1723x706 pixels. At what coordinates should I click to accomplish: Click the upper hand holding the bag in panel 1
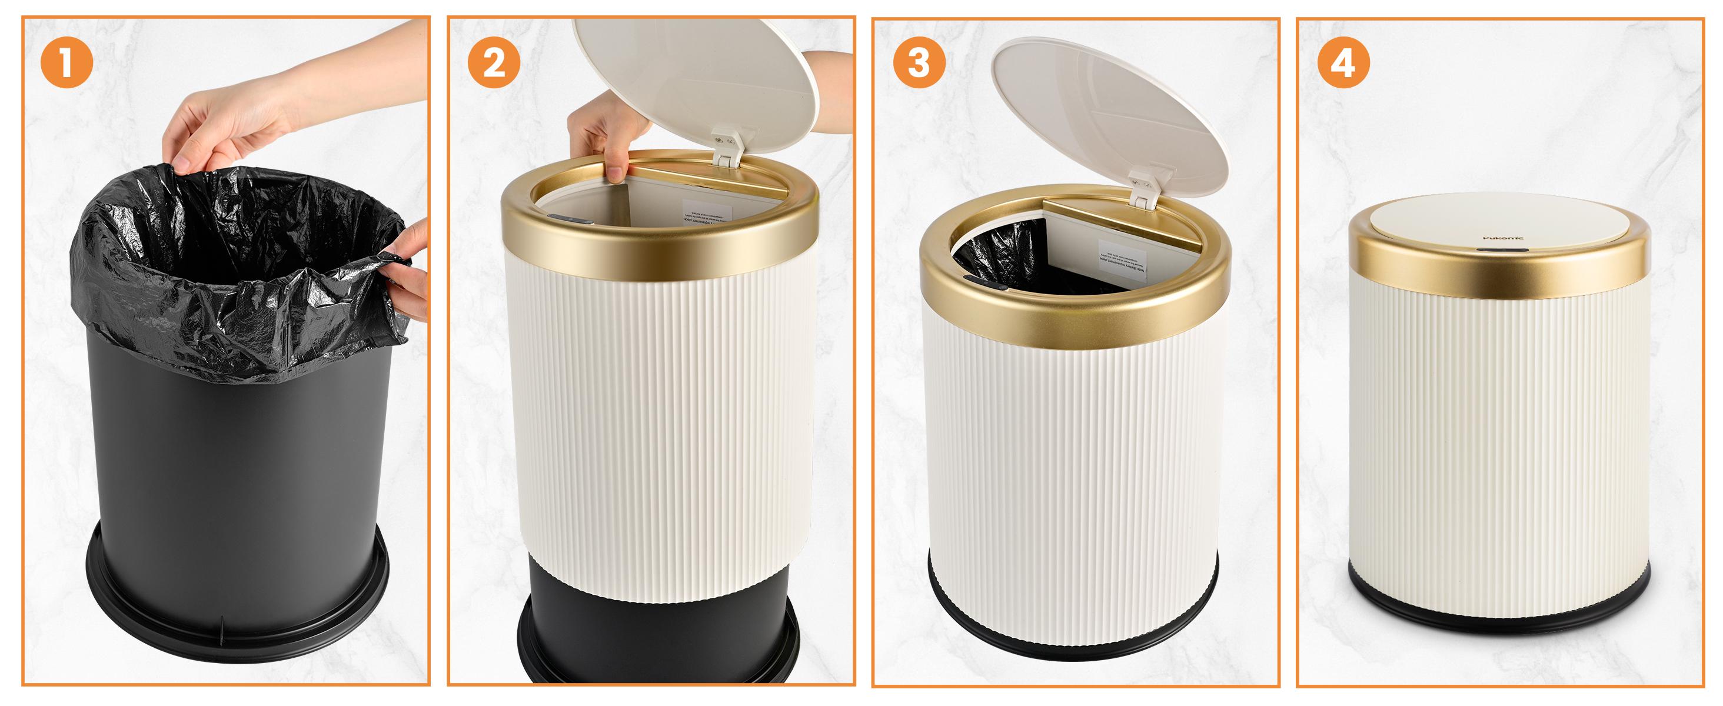[x=214, y=134]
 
